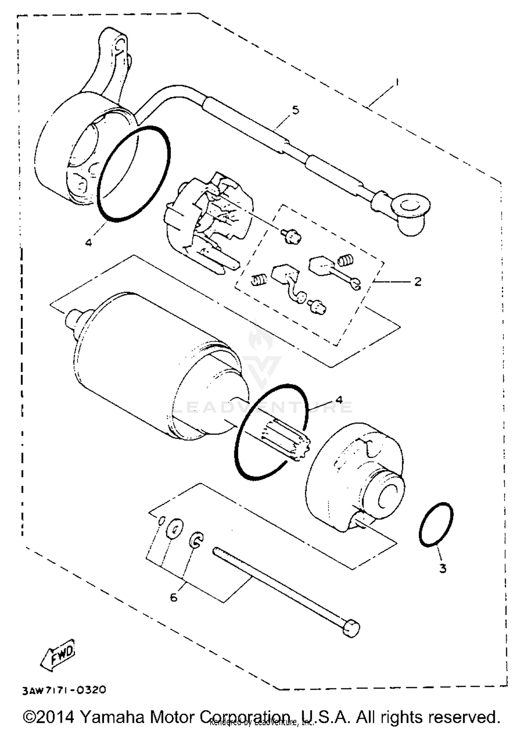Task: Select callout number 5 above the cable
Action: (x=296, y=110)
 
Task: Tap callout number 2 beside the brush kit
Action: (x=418, y=281)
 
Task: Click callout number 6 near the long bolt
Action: (x=174, y=598)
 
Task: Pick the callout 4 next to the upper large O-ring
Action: (x=89, y=242)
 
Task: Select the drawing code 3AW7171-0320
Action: (x=64, y=690)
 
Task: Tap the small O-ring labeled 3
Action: (x=436, y=524)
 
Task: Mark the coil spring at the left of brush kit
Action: (x=260, y=280)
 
